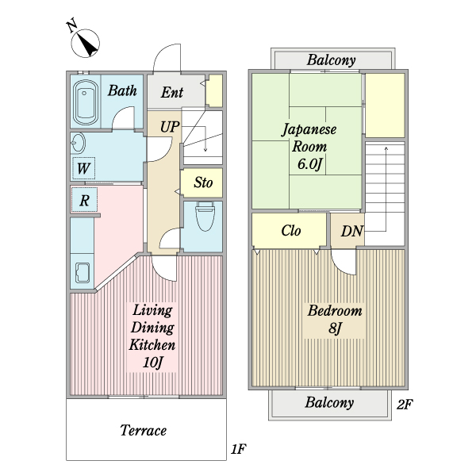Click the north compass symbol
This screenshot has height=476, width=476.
(x=85, y=43)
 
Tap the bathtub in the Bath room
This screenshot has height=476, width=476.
(x=84, y=102)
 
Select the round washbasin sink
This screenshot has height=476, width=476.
(x=78, y=144)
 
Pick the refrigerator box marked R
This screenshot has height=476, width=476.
(x=83, y=200)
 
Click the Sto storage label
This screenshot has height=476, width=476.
(x=203, y=183)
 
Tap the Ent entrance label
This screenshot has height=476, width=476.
(x=172, y=92)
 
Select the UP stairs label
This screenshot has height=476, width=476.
(x=170, y=126)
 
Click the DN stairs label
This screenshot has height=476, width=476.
(x=351, y=232)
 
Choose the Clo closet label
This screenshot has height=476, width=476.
(x=290, y=232)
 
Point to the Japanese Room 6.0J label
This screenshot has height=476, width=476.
(x=308, y=146)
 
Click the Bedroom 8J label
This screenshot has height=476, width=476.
(x=334, y=319)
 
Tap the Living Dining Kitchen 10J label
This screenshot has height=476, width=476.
(x=152, y=337)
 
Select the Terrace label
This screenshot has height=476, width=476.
(x=143, y=431)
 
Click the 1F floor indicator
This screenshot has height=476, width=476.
(x=238, y=450)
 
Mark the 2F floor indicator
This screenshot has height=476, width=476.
(x=405, y=404)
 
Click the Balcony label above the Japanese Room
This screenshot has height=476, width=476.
(x=331, y=59)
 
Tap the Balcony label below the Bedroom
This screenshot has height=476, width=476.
(x=329, y=402)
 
